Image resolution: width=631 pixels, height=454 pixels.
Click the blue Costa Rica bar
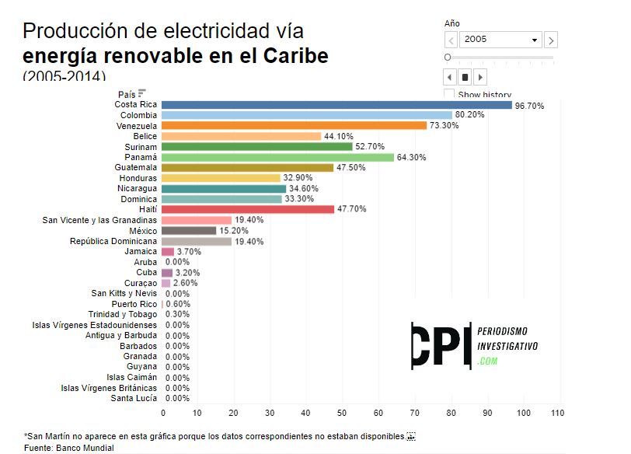click(336, 104)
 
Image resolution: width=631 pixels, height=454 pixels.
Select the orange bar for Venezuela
click(294, 125)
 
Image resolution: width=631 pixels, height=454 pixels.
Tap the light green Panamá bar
click(277, 157)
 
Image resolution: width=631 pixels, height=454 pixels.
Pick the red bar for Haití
click(247, 209)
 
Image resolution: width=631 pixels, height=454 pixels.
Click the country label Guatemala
click(135, 167)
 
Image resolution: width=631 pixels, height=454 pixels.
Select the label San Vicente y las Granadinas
click(99, 220)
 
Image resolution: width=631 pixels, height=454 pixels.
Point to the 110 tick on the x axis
click(556, 413)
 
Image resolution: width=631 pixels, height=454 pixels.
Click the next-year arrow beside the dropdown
click(550, 40)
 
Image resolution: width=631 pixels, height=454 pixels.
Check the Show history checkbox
click(449, 95)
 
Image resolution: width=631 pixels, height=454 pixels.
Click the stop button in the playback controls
click(465, 77)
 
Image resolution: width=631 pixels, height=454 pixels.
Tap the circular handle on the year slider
click(448, 58)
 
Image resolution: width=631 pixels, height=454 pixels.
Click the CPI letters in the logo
click(441, 345)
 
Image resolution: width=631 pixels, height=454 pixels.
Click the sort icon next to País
click(142, 93)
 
